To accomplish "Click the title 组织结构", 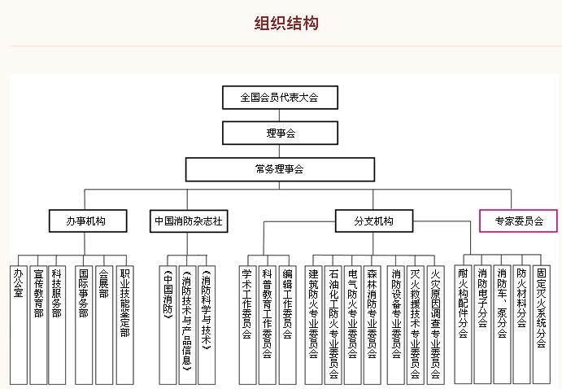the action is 286,24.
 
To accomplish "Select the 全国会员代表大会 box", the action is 280,98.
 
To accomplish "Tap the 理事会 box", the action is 280,133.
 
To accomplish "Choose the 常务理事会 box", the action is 280,169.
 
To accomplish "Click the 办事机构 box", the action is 88,221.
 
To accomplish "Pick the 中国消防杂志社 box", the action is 189,221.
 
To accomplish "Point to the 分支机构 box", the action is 374,221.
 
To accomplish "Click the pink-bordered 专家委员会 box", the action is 518,221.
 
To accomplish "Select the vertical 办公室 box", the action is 19,326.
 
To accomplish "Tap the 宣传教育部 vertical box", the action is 38,326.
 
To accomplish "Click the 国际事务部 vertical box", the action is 84,326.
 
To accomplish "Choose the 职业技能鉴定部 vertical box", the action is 124,326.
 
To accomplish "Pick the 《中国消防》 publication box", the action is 168,326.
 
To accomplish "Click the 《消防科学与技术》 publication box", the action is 207,326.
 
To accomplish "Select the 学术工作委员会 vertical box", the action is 248,326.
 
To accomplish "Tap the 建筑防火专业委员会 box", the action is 313,326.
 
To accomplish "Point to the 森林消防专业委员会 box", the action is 372,326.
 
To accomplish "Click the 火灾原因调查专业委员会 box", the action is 435,326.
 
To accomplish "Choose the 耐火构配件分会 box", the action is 463,325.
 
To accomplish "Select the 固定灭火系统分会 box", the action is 541,325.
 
